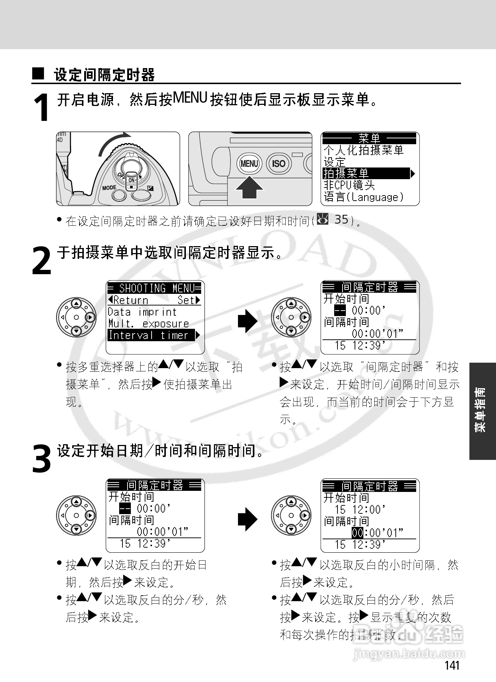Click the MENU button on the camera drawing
point(249,164)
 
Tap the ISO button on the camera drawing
point(278,164)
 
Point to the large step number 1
point(42,108)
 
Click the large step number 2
point(42,261)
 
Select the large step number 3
point(42,459)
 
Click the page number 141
point(452,665)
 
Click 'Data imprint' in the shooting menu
point(142,312)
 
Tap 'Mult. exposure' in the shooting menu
point(149,324)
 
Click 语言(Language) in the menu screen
point(364,197)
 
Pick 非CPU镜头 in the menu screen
point(349,185)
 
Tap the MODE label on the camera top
point(109,188)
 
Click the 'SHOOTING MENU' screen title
point(154,288)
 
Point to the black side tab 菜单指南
point(482,410)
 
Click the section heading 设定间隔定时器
point(104,75)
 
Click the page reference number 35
point(341,220)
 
